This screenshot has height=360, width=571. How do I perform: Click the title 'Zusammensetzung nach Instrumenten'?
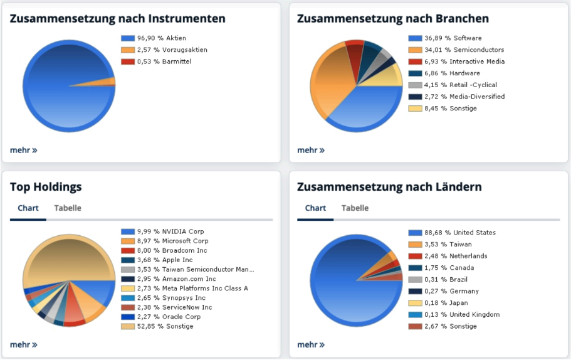point(118,19)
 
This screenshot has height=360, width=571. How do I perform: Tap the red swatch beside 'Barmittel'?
point(127,61)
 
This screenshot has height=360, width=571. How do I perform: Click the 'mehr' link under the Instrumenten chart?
point(23,150)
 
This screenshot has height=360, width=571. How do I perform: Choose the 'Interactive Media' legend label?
point(476,61)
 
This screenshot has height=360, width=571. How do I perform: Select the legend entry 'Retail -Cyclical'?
point(473,85)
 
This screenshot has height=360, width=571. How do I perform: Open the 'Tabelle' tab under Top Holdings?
point(68,208)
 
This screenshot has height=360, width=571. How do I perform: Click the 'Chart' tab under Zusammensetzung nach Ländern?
point(315,208)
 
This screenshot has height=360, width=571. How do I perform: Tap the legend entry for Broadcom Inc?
point(172,250)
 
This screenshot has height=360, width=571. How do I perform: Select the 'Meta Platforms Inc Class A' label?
point(192,288)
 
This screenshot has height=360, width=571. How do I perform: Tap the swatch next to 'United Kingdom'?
point(415,314)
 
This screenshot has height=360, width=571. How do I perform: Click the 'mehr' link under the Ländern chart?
point(311,344)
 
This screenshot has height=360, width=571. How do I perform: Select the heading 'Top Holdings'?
point(46,187)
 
